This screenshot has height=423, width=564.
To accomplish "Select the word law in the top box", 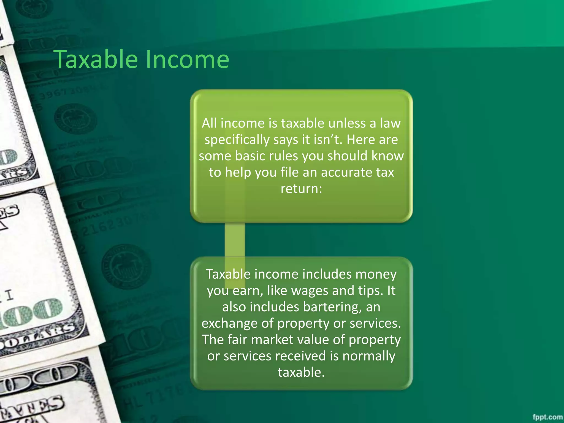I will [390, 123].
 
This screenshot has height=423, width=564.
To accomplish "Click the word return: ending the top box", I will [301, 189].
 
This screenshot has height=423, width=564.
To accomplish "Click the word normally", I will [369, 356].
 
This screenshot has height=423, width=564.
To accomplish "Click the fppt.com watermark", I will [547, 417].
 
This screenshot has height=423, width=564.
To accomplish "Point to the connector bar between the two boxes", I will [235, 240].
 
